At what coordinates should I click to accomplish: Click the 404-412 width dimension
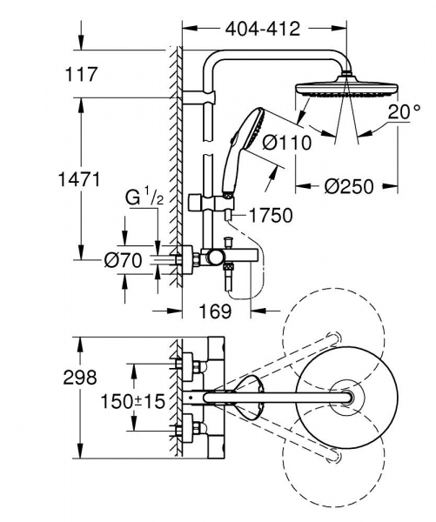click(x=265, y=29)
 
